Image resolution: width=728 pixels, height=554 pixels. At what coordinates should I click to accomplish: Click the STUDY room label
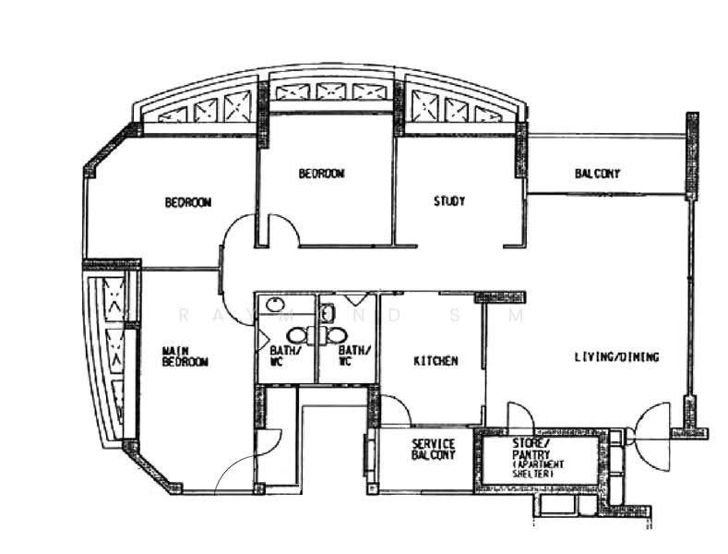click(x=449, y=201)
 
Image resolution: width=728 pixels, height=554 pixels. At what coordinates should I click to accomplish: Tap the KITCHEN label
click(x=436, y=361)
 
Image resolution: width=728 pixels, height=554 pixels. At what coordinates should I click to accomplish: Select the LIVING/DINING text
click(x=616, y=357)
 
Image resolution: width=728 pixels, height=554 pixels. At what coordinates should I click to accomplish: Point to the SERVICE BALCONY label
click(x=433, y=449)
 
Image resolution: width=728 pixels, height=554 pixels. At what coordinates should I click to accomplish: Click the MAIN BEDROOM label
click(x=185, y=356)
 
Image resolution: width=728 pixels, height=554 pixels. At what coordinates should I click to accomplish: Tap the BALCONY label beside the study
click(x=597, y=174)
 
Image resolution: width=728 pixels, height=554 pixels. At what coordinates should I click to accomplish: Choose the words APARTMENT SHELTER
click(x=538, y=469)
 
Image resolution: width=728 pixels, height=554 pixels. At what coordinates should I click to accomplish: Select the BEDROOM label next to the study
click(x=321, y=174)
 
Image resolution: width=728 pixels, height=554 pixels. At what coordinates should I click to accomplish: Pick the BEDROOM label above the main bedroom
click(x=188, y=202)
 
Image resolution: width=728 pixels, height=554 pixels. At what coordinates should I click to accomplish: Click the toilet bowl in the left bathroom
click(x=296, y=335)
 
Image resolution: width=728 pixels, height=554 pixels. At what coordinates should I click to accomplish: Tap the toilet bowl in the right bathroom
click(x=336, y=335)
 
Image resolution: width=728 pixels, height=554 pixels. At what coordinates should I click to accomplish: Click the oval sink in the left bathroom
click(x=275, y=305)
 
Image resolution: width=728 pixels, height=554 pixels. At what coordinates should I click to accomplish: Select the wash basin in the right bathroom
click(x=327, y=311)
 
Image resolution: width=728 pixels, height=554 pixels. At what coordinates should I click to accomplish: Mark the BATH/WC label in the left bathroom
click(x=285, y=356)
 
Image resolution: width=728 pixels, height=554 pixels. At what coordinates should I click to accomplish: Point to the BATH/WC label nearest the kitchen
click(x=354, y=356)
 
